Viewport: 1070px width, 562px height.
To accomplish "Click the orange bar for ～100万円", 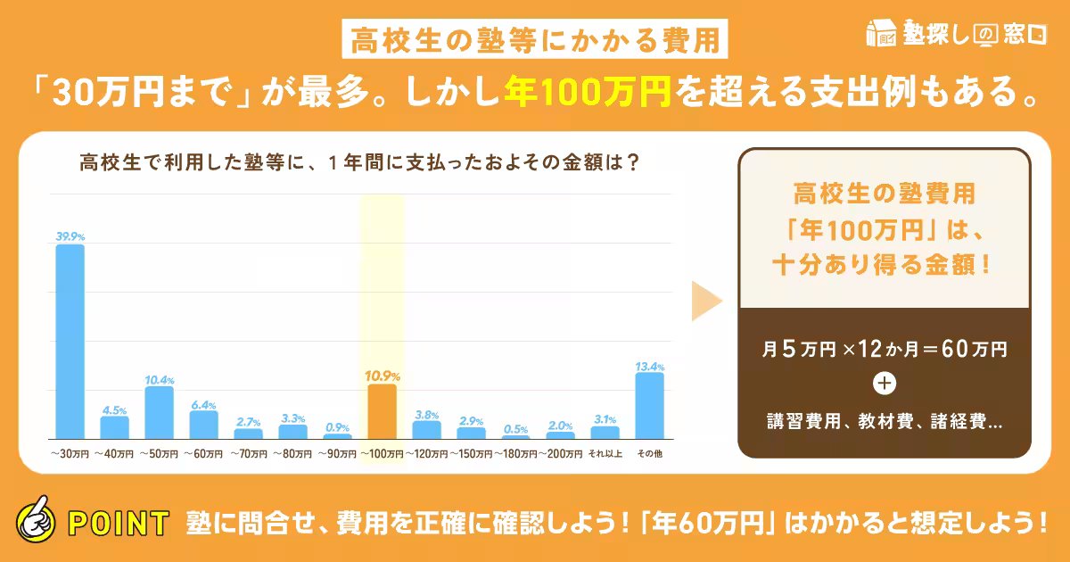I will point(382,411).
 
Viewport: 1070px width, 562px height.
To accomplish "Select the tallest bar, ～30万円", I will point(70,341).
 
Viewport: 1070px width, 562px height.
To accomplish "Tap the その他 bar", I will point(649,406).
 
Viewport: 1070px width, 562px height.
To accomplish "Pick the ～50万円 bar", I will point(159,412).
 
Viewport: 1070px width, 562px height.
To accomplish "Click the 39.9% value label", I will point(70,236).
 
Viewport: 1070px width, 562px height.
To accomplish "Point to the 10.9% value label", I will point(382,376).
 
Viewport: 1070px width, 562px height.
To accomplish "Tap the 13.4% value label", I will point(649,366).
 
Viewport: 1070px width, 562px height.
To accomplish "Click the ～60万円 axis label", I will point(203,454).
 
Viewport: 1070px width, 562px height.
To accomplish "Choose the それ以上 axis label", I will point(605,454).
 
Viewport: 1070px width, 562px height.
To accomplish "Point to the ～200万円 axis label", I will point(560,454).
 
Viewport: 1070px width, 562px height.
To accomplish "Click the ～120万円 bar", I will point(426,429).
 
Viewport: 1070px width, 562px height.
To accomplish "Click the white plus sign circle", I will point(885,384).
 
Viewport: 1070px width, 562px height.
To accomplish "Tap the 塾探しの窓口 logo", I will point(955,32).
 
